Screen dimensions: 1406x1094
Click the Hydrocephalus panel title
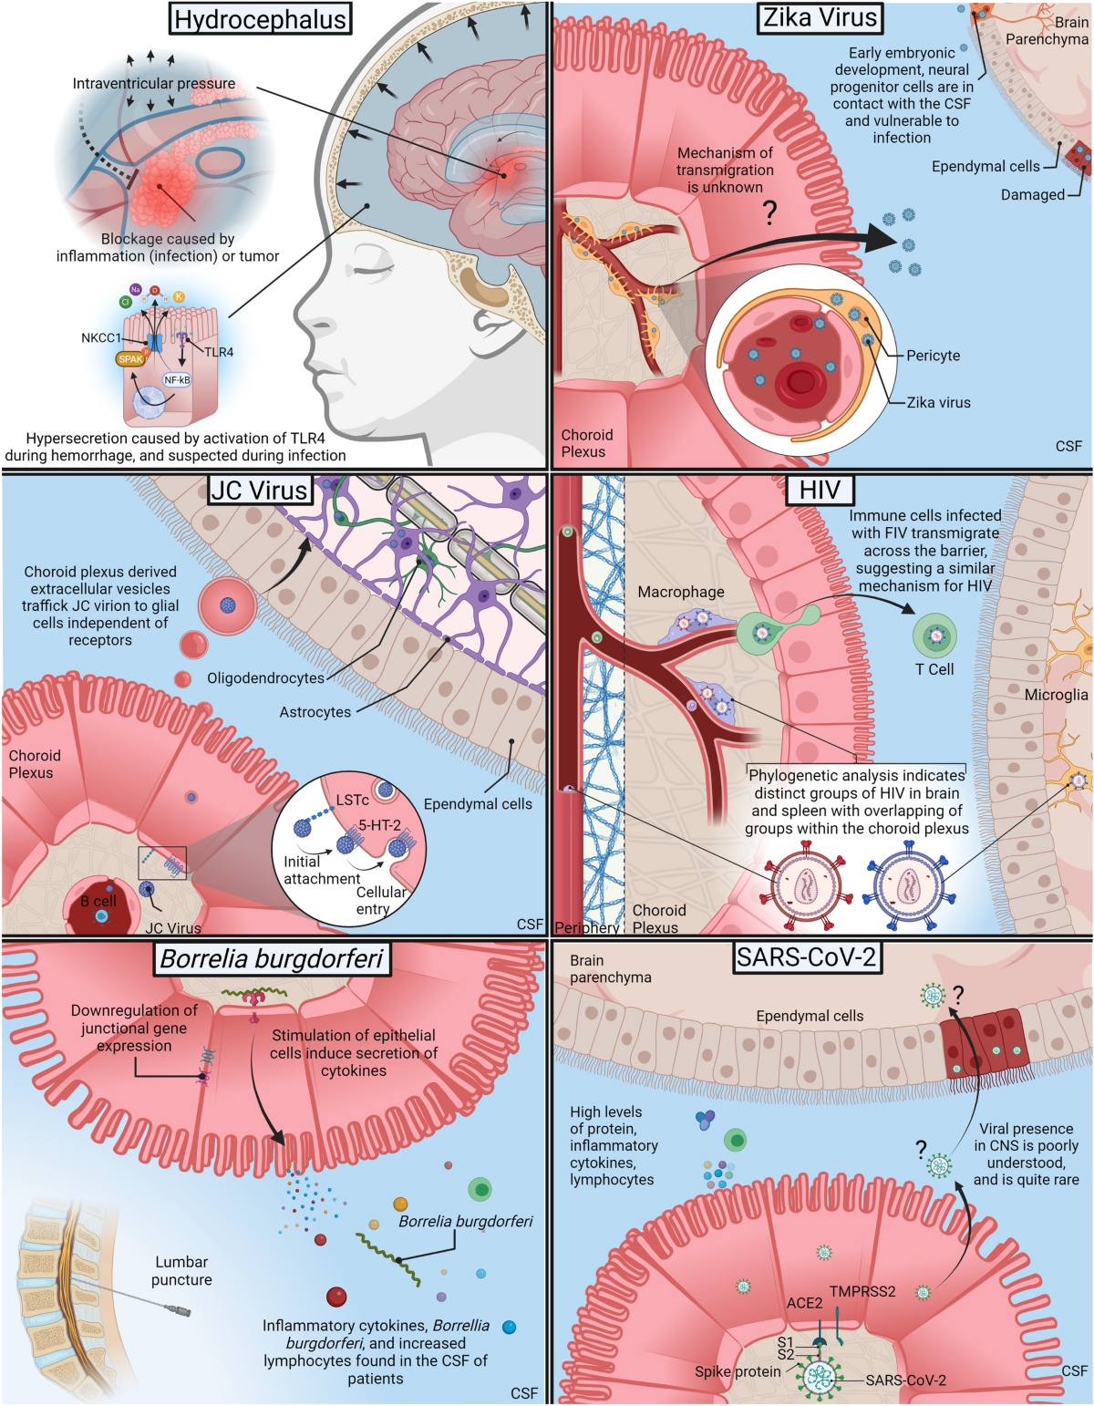coord(260,19)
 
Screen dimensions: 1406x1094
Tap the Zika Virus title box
coord(820,17)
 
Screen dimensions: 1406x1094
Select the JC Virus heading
coord(260,491)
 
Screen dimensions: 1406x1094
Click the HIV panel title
coord(820,490)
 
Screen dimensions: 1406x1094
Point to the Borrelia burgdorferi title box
coord(271,958)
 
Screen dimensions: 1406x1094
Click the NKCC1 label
coord(100,337)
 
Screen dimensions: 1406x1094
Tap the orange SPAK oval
coord(130,359)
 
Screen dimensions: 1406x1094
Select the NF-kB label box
coord(177,379)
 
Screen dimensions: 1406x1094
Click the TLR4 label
coord(219,352)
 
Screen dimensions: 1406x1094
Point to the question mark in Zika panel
coord(770,212)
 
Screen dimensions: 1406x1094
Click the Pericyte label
coord(933,356)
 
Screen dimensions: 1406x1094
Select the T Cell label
coord(934,669)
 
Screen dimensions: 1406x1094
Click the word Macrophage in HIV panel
coord(681,592)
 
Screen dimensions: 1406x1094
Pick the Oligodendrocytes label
coord(265,678)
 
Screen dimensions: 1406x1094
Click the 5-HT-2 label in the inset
coord(379,825)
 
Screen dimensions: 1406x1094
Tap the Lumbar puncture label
coord(181,1271)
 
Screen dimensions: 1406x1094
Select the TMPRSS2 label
coord(862,1291)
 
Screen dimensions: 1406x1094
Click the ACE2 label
coord(804,1303)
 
